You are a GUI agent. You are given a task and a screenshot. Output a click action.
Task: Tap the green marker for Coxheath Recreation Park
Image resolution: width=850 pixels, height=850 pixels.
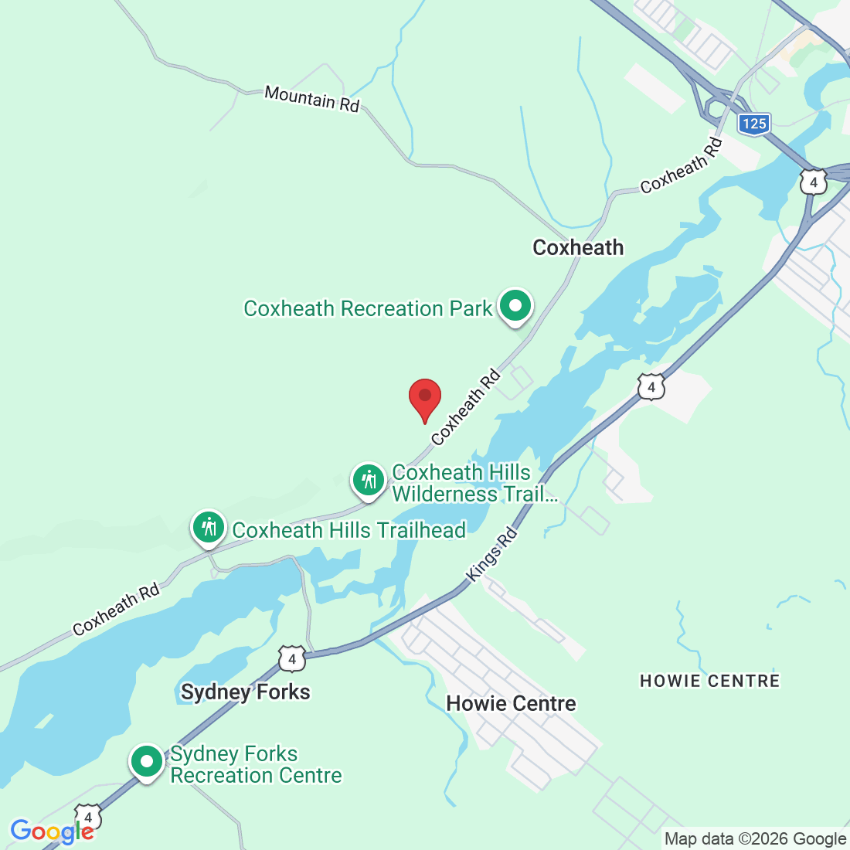point(515,306)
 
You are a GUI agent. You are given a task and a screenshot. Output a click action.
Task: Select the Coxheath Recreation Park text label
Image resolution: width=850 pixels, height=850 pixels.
point(368,308)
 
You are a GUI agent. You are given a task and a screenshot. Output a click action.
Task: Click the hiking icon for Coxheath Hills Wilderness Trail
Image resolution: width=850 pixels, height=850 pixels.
point(369,481)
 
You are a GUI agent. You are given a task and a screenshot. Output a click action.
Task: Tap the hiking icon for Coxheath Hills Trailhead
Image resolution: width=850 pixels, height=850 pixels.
point(209,529)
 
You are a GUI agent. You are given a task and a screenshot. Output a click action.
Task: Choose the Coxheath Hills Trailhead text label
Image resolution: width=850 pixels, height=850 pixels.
point(349,530)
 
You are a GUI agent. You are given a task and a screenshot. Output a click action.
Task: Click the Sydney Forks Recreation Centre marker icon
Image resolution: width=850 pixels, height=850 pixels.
point(147,762)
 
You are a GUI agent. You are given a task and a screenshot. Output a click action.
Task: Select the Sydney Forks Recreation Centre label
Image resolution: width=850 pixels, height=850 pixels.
point(256,764)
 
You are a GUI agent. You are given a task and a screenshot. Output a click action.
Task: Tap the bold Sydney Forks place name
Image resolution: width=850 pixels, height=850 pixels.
point(246,692)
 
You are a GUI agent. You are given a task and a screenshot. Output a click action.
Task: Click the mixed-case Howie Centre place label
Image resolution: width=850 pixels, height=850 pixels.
point(512,703)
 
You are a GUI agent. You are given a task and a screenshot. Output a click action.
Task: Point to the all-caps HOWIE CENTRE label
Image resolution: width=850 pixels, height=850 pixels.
point(709,681)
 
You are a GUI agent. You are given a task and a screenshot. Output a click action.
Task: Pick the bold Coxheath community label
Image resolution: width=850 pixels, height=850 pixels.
point(578,247)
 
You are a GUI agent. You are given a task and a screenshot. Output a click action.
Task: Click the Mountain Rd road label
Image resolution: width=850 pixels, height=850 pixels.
point(312,98)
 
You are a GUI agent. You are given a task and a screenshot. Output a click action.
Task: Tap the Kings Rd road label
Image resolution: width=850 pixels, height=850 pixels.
point(492,555)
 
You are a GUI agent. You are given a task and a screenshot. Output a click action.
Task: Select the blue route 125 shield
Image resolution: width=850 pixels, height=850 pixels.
point(753,124)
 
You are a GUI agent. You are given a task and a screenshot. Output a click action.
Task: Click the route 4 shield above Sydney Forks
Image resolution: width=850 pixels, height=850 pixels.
point(291,659)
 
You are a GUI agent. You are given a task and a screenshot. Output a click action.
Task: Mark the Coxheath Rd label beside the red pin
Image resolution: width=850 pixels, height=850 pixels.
point(466,409)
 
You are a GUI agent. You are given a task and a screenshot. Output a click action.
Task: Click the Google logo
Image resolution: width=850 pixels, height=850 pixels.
point(52,831)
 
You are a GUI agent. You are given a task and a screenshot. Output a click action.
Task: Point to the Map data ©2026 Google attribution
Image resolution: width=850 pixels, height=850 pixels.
point(755,839)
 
